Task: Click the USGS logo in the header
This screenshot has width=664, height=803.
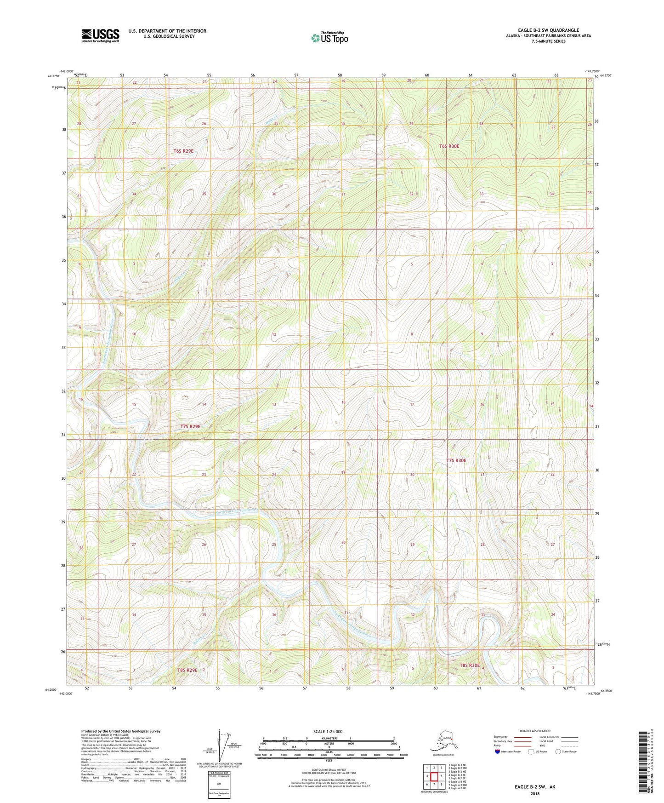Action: tap(100, 35)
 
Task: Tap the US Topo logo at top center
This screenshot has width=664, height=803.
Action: tap(329, 38)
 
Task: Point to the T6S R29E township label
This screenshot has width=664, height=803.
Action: tap(183, 151)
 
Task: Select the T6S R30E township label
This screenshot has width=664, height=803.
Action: tap(449, 146)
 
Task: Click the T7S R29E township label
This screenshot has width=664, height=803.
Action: tap(190, 426)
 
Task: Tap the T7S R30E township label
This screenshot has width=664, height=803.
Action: tap(456, 460)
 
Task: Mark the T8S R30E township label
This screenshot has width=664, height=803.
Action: tap(469, 665)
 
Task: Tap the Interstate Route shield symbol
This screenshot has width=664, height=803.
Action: tap(497, 751)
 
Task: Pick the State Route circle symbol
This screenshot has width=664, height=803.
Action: tap(558, 751)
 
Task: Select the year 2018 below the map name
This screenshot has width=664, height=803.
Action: tap(535, 793)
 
